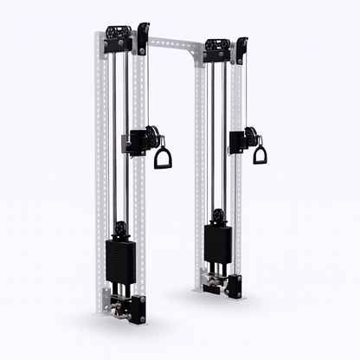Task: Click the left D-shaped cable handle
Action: (162, 158)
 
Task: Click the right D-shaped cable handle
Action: (260, 155)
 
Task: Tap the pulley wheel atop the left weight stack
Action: (121, 229)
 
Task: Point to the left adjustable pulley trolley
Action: (140, 140)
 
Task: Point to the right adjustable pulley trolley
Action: (241, 138)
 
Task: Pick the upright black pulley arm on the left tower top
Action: (143, 38)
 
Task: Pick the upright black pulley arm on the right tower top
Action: (241, 48)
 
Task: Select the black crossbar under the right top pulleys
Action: (216, 57)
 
